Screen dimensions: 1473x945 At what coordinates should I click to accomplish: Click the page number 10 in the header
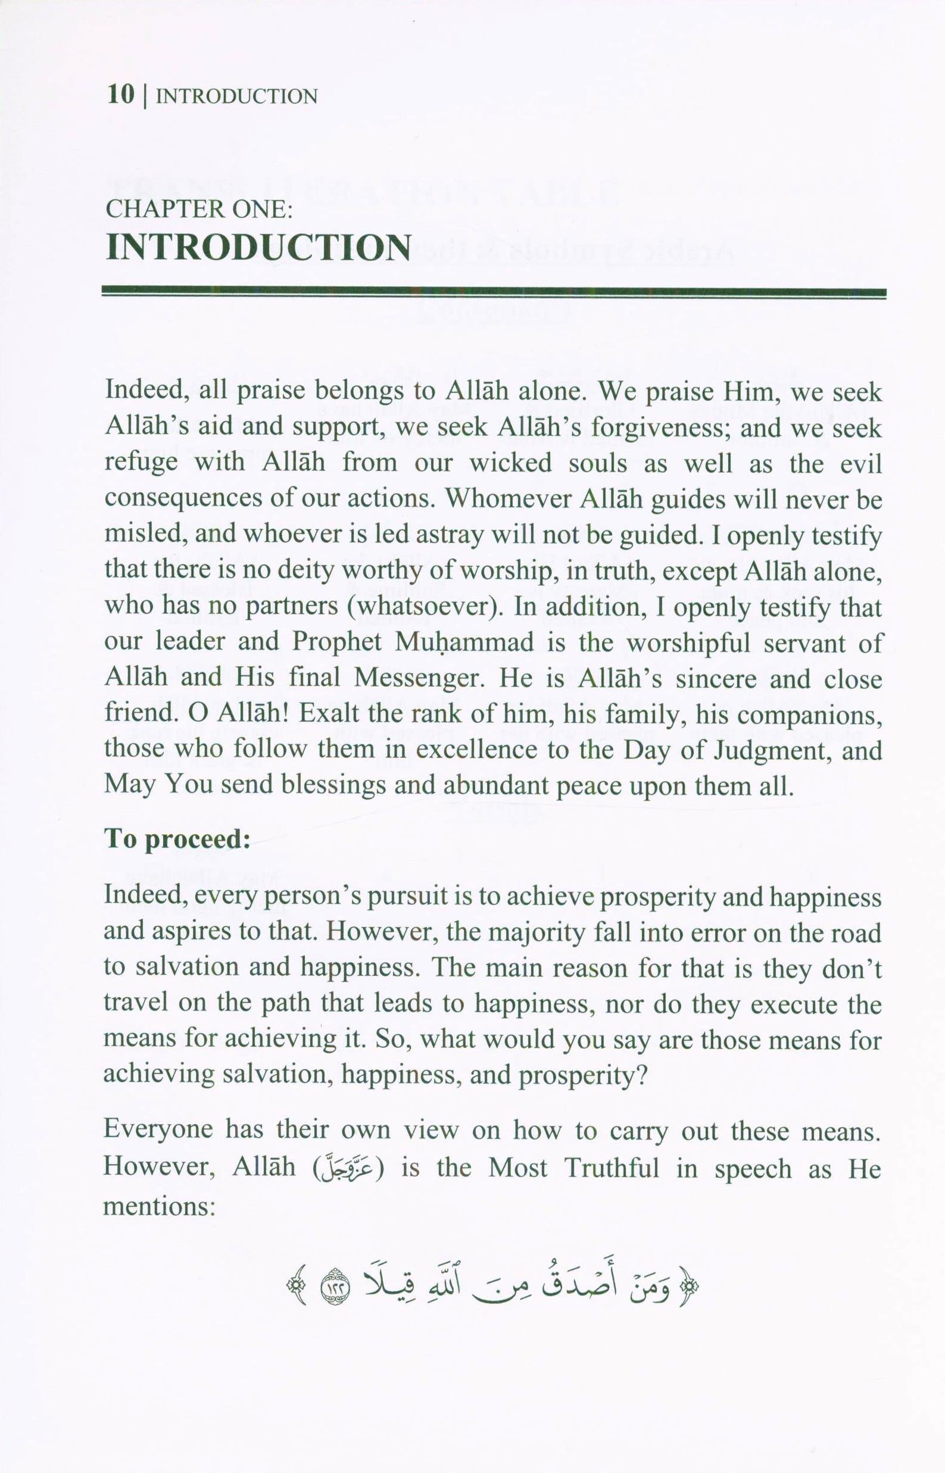pyautogui.click(x=120, y=95)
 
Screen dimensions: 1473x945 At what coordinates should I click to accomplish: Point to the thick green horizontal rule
pyautogui.click(x=494, y=293)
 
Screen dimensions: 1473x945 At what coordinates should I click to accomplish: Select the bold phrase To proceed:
pyautogui.click(x=177, y=839)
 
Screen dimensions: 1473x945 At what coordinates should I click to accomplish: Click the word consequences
pyautogui.click(x=183, y=500)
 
